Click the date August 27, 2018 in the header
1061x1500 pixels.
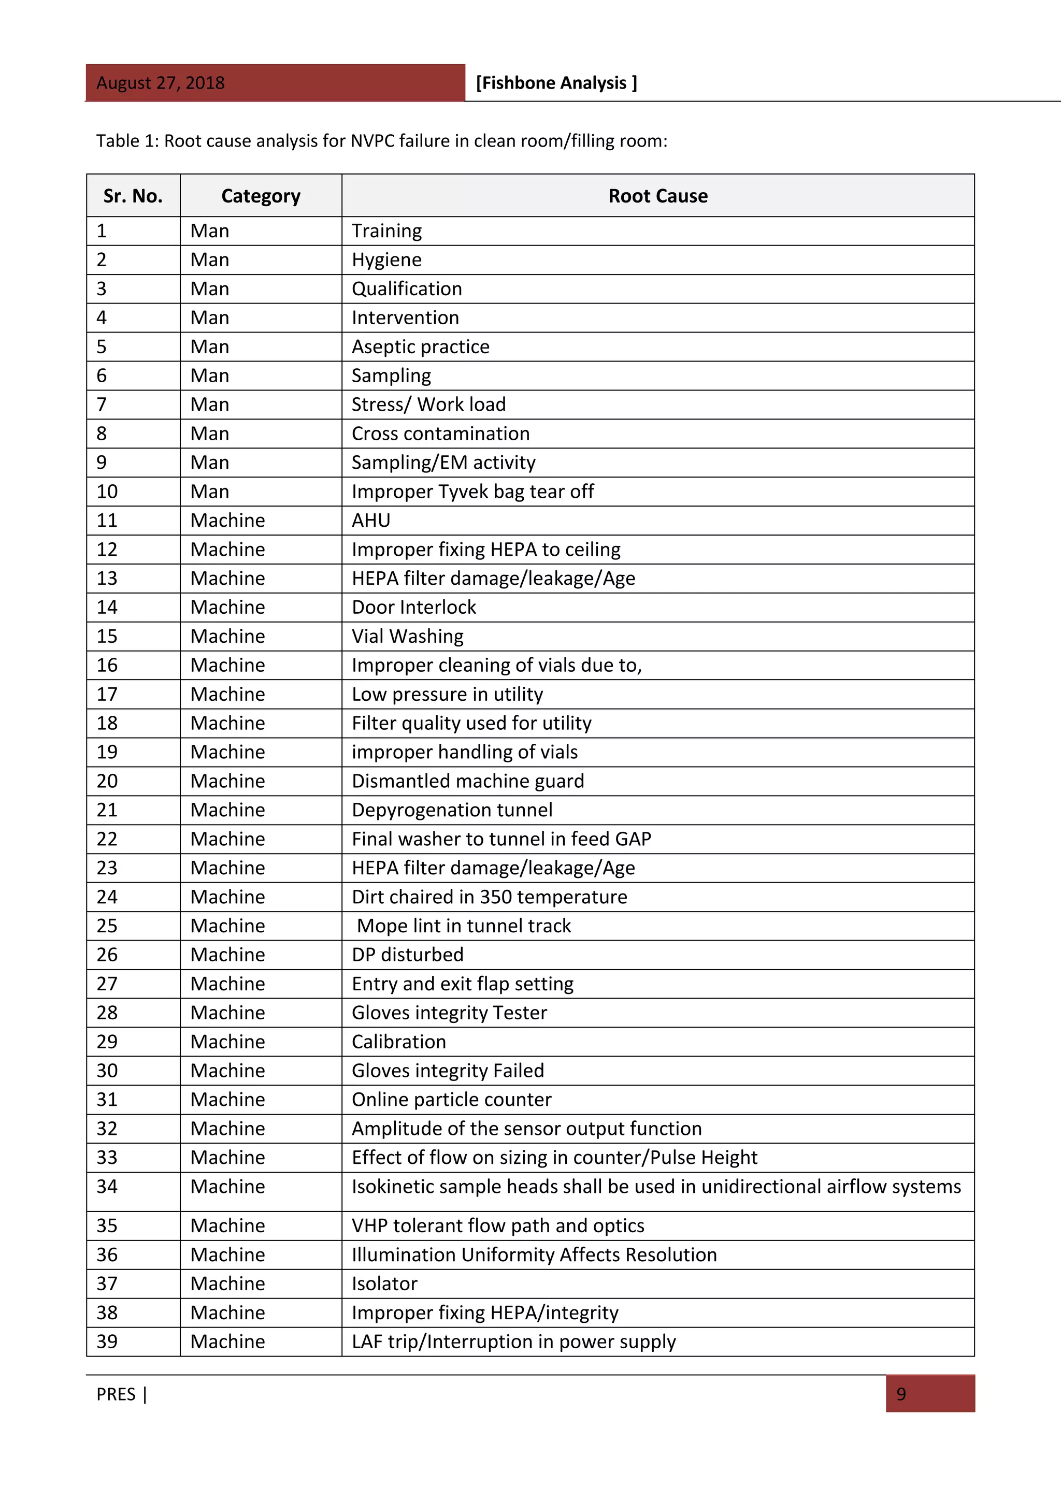click(160, 83)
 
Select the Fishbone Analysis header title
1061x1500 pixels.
click(556, 83)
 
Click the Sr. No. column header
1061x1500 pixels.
click(133, 196)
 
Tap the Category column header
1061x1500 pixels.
click(261, 196)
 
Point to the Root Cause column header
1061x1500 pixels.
click(657, 196)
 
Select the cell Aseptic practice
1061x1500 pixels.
click(420, 347)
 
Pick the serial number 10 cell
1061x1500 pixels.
click(107, 492)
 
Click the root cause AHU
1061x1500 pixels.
click(370, 521)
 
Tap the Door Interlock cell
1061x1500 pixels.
click(413, 608)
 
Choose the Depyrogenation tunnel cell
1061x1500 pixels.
click(451, 810)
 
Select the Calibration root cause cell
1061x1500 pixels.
click(398, 1042)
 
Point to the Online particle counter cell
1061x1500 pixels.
click(451, 1100)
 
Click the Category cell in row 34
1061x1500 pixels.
click(227, 1187)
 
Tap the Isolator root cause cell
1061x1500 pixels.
click(384, 1284)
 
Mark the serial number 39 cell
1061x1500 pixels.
click(107, 1342)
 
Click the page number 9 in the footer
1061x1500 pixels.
click(901, 1394)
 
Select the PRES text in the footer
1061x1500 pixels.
click(116, 1394)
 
